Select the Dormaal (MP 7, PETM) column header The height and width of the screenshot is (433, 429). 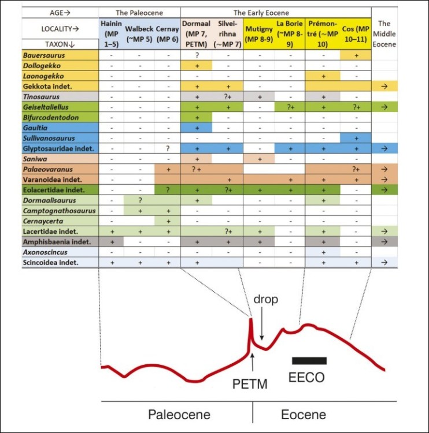coord(196,34)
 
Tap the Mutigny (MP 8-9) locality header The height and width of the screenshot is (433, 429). coord(259,34)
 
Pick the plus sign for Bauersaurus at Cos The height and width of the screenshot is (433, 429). coord(357,55)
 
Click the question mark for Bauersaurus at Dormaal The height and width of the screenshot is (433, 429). coord(197,55)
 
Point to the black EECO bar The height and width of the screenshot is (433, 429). coord(309,361)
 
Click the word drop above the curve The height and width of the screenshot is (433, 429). coord(266,299)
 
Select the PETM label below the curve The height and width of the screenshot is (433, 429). coord(250,384)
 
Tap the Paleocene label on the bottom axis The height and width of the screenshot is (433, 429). coord(179,415)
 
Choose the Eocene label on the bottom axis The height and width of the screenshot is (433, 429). coord(304,415)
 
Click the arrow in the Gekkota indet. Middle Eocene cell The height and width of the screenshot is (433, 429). coord(384,87)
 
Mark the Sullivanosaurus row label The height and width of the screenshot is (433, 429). coord(49,138)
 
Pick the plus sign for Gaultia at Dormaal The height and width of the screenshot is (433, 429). coord(197,128)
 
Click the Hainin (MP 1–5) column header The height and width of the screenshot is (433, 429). coord(111,34)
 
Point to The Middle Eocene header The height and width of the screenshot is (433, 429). coord(384,34)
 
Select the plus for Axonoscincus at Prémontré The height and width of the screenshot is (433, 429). coord(324,252)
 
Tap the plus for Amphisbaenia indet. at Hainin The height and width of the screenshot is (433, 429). coord(112,242)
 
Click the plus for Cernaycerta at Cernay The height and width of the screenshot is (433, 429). coord(168,221)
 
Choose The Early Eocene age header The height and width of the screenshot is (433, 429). coord(261,13)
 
